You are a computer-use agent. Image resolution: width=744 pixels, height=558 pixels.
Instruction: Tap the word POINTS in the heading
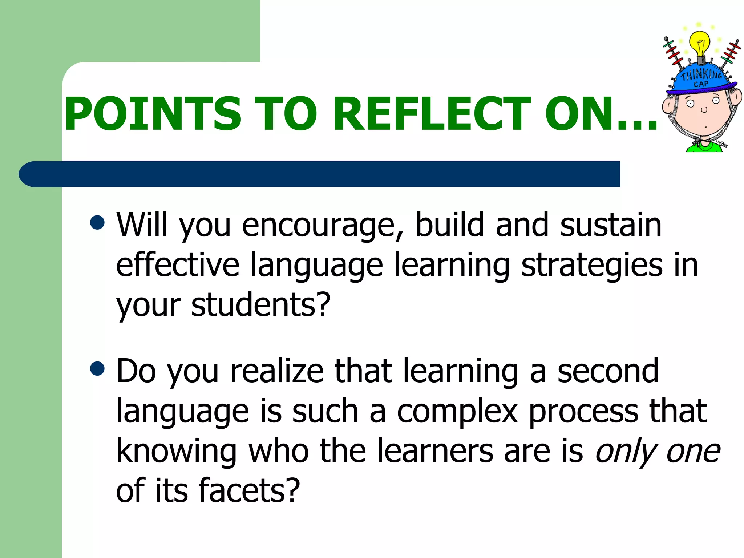coord(153,113)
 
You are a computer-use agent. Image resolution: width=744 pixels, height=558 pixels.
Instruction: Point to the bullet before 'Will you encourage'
coord(97,223)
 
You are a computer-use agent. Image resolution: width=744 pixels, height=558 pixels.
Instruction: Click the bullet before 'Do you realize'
coord(97,369)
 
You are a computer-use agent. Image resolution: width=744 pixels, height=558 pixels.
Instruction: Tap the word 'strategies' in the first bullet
coord(591,265)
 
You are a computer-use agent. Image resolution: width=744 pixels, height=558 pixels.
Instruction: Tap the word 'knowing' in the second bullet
coord(177,452)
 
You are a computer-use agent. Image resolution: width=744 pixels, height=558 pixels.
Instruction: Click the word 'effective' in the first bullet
coord(177,265)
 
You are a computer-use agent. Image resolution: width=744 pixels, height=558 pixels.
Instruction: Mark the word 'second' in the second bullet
coord(607,371)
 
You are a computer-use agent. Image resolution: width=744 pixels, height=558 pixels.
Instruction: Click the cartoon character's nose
coord(704,110)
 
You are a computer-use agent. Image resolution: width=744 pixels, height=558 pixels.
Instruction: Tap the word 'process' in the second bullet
coord(583,412)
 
